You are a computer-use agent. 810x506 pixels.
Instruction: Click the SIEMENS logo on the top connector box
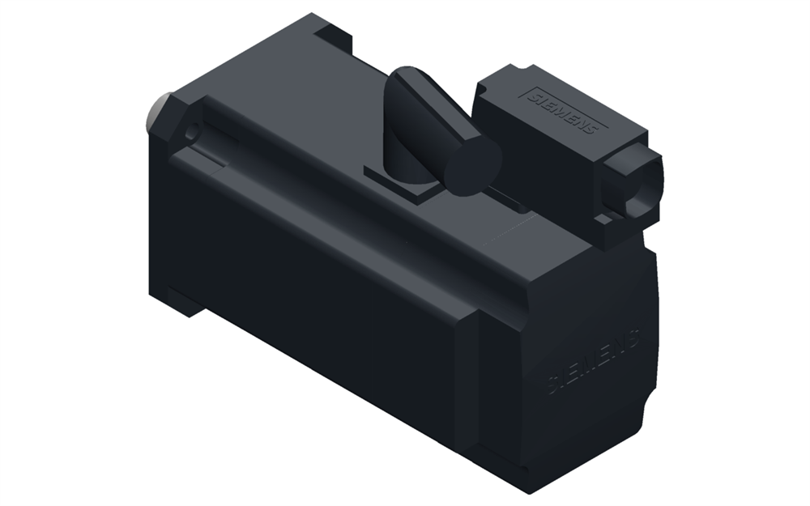[565, 113]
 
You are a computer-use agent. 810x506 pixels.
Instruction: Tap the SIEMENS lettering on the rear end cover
[594, 360]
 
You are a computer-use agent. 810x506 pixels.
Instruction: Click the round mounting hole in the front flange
[192, 130]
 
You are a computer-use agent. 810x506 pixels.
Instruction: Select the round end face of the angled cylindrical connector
[474, 165]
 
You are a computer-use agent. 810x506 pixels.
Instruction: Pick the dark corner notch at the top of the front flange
[333, 33]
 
